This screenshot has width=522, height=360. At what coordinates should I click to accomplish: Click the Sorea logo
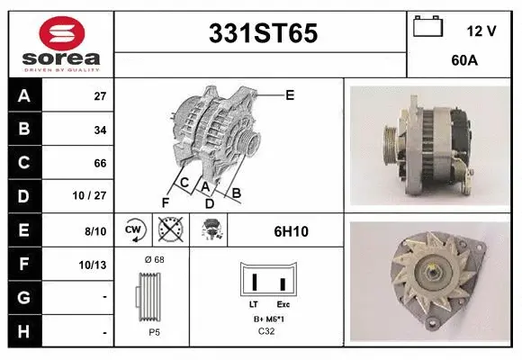click(x=60, y=45)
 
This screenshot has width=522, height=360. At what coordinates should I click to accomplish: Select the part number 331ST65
click(x=263, y=33)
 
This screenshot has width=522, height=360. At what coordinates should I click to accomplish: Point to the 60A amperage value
click(x=464, y=63)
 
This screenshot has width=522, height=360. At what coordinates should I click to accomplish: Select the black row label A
click(x=24, y=96)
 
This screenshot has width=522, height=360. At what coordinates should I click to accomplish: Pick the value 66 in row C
click(x=100, y=164)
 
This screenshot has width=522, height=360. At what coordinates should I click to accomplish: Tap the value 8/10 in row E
click(x=95, y=230)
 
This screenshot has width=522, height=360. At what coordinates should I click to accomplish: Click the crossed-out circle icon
click(x=170, y=230)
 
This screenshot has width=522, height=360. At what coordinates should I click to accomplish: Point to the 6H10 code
click(x=291, y=231)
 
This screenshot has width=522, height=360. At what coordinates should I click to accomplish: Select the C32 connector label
click(x=266, y=330)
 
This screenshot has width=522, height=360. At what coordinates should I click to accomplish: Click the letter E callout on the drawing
click(x=289, y=94)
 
